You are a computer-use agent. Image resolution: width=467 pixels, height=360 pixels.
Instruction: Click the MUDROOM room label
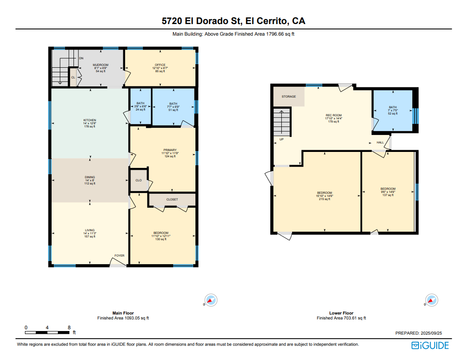coord(101,65)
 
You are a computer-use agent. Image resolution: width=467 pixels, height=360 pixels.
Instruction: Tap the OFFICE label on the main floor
coord(160,65)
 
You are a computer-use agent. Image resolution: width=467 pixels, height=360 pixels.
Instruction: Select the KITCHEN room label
coord(89,120)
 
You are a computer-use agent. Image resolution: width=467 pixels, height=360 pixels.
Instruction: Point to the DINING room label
coord(89,177)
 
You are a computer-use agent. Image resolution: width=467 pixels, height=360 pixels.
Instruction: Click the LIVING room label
coord(89,230)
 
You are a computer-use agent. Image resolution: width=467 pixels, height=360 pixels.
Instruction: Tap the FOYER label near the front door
coord(119,256)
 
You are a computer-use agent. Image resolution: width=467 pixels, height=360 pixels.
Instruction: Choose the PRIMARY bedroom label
coord(170,150)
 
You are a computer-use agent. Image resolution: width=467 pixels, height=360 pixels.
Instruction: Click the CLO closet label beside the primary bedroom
coord(138,180)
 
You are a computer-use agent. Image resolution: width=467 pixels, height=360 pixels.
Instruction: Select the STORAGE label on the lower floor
coord(288,97)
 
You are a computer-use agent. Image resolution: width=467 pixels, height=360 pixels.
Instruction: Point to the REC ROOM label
coord(333,115)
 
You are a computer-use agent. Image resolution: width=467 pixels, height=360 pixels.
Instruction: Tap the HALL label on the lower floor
coord(380,143)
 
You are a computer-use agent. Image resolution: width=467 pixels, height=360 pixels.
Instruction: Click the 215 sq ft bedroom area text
coord(324,199)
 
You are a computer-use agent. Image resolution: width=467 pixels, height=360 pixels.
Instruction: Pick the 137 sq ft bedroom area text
coord(388,195)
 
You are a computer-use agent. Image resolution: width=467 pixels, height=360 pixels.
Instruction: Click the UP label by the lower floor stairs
coord(281,139)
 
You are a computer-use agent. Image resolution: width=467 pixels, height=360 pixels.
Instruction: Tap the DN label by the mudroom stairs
coord(81,58)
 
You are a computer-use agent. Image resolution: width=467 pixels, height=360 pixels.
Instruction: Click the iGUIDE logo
coord(430,345)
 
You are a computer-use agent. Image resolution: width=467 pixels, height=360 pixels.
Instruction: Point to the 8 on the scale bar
coord(69,327)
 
